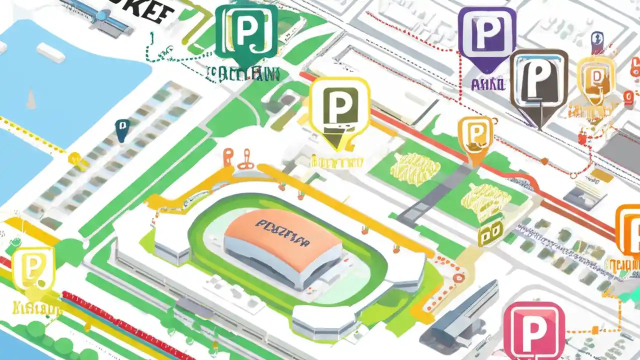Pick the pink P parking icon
pyautogui.click(x=533, y=330)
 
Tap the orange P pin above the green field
pyautogui.click(x=475, y=136)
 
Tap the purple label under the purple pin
pyautogui.click(x=487, y=83)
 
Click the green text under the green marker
pyautogui.click(x=243, y=74)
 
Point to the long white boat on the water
pyautogui.click(x=50, y=52)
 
